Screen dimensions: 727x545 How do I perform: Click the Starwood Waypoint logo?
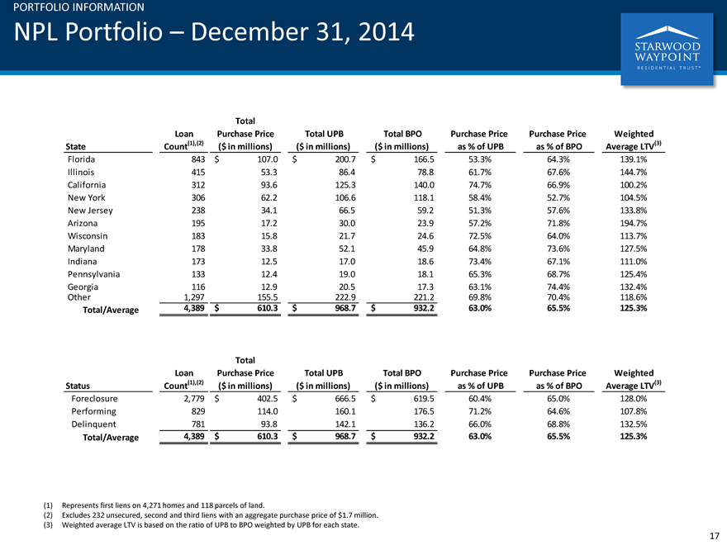(667, 49)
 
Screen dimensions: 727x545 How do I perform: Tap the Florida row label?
(81, 159)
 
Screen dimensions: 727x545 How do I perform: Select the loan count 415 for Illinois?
(198, 173)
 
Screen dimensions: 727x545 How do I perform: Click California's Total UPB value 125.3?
(346, 185)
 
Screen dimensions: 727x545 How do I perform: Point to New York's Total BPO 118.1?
(425, 198)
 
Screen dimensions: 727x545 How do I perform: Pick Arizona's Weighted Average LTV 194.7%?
(634, 224)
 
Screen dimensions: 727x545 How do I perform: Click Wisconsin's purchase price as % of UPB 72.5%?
(480, 236)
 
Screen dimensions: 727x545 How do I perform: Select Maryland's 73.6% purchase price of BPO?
(558, 249)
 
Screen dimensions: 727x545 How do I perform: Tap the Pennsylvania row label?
(93, 274)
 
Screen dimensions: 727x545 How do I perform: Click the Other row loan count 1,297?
(194, 297)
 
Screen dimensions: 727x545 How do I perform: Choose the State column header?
(75, 146)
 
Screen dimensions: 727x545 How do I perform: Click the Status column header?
(78, 386)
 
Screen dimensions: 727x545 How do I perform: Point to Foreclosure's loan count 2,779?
(194, 399)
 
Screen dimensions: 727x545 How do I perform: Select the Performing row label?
(93, 411)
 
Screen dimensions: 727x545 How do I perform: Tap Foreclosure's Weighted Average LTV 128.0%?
(634, 399)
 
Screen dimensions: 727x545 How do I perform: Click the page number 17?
(715, 536)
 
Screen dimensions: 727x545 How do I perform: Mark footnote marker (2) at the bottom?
(48, 515)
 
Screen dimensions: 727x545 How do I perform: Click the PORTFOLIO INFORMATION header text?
(78, 7)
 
